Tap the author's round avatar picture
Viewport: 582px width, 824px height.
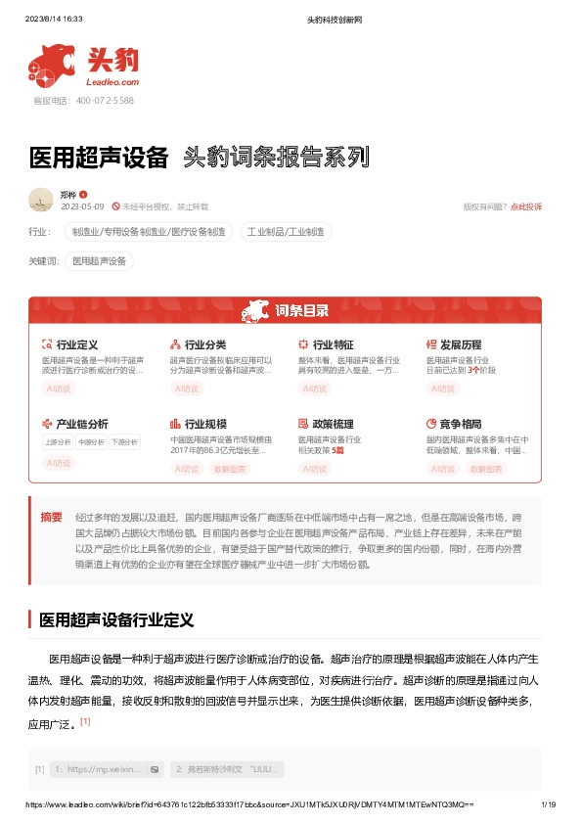(41, 200)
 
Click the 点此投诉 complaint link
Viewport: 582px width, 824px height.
(526, 206)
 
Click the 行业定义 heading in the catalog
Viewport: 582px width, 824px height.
(77, 344)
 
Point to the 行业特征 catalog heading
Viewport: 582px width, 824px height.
(333, 344)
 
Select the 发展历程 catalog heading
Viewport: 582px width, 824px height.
(461, 344)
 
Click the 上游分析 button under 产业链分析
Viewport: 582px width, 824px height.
(58, 443)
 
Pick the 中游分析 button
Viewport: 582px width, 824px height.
(91, 443)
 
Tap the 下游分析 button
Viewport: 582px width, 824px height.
(124, 443)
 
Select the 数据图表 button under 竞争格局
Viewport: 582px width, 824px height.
(486, 469)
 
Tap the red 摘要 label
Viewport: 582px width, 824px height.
(51, 516)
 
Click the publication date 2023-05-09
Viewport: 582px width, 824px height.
(82, 206)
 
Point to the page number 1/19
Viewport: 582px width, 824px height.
(548, 803)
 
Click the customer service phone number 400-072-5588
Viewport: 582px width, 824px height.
(97, 101)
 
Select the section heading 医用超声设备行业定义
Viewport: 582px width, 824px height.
(116, 619)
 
